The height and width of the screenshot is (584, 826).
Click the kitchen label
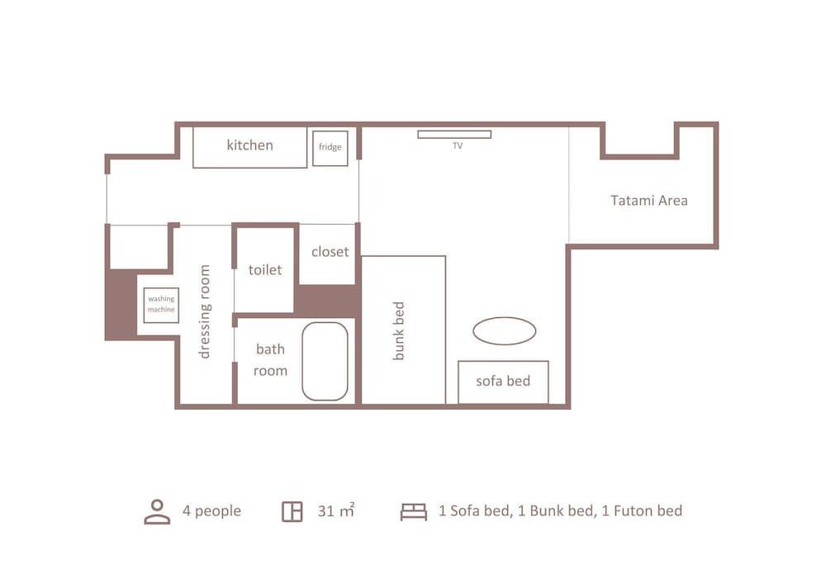tap(249, 145)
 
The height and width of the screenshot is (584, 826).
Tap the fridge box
tap(330, 148)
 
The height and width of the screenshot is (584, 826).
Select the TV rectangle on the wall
tap(453, 134)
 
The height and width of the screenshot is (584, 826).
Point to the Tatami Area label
tap(648, 200)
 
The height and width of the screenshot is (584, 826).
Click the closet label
tap(330, 252)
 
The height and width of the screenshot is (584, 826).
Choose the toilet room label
tap(265, 270)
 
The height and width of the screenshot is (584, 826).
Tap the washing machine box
tap(161, 305)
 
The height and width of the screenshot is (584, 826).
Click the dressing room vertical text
tap(205, 311)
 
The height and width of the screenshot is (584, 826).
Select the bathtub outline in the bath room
tap(325, 361)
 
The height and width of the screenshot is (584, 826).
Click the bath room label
tap(270, 360)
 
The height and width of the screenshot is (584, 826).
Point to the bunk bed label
tap(399, 330)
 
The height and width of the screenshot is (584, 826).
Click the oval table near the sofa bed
tap(504, 331)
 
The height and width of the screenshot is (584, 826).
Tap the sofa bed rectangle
tap(503, 382)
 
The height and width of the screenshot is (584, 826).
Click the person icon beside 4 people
tap(157, 511)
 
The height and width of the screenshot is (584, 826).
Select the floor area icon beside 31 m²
tap(292, 511)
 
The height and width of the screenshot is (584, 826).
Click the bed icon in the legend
tap(413, 511)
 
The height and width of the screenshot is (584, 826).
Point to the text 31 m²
tap(335, 511)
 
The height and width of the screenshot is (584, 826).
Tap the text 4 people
tap(211, 511)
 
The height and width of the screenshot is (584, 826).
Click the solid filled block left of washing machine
tap(121, 304)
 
